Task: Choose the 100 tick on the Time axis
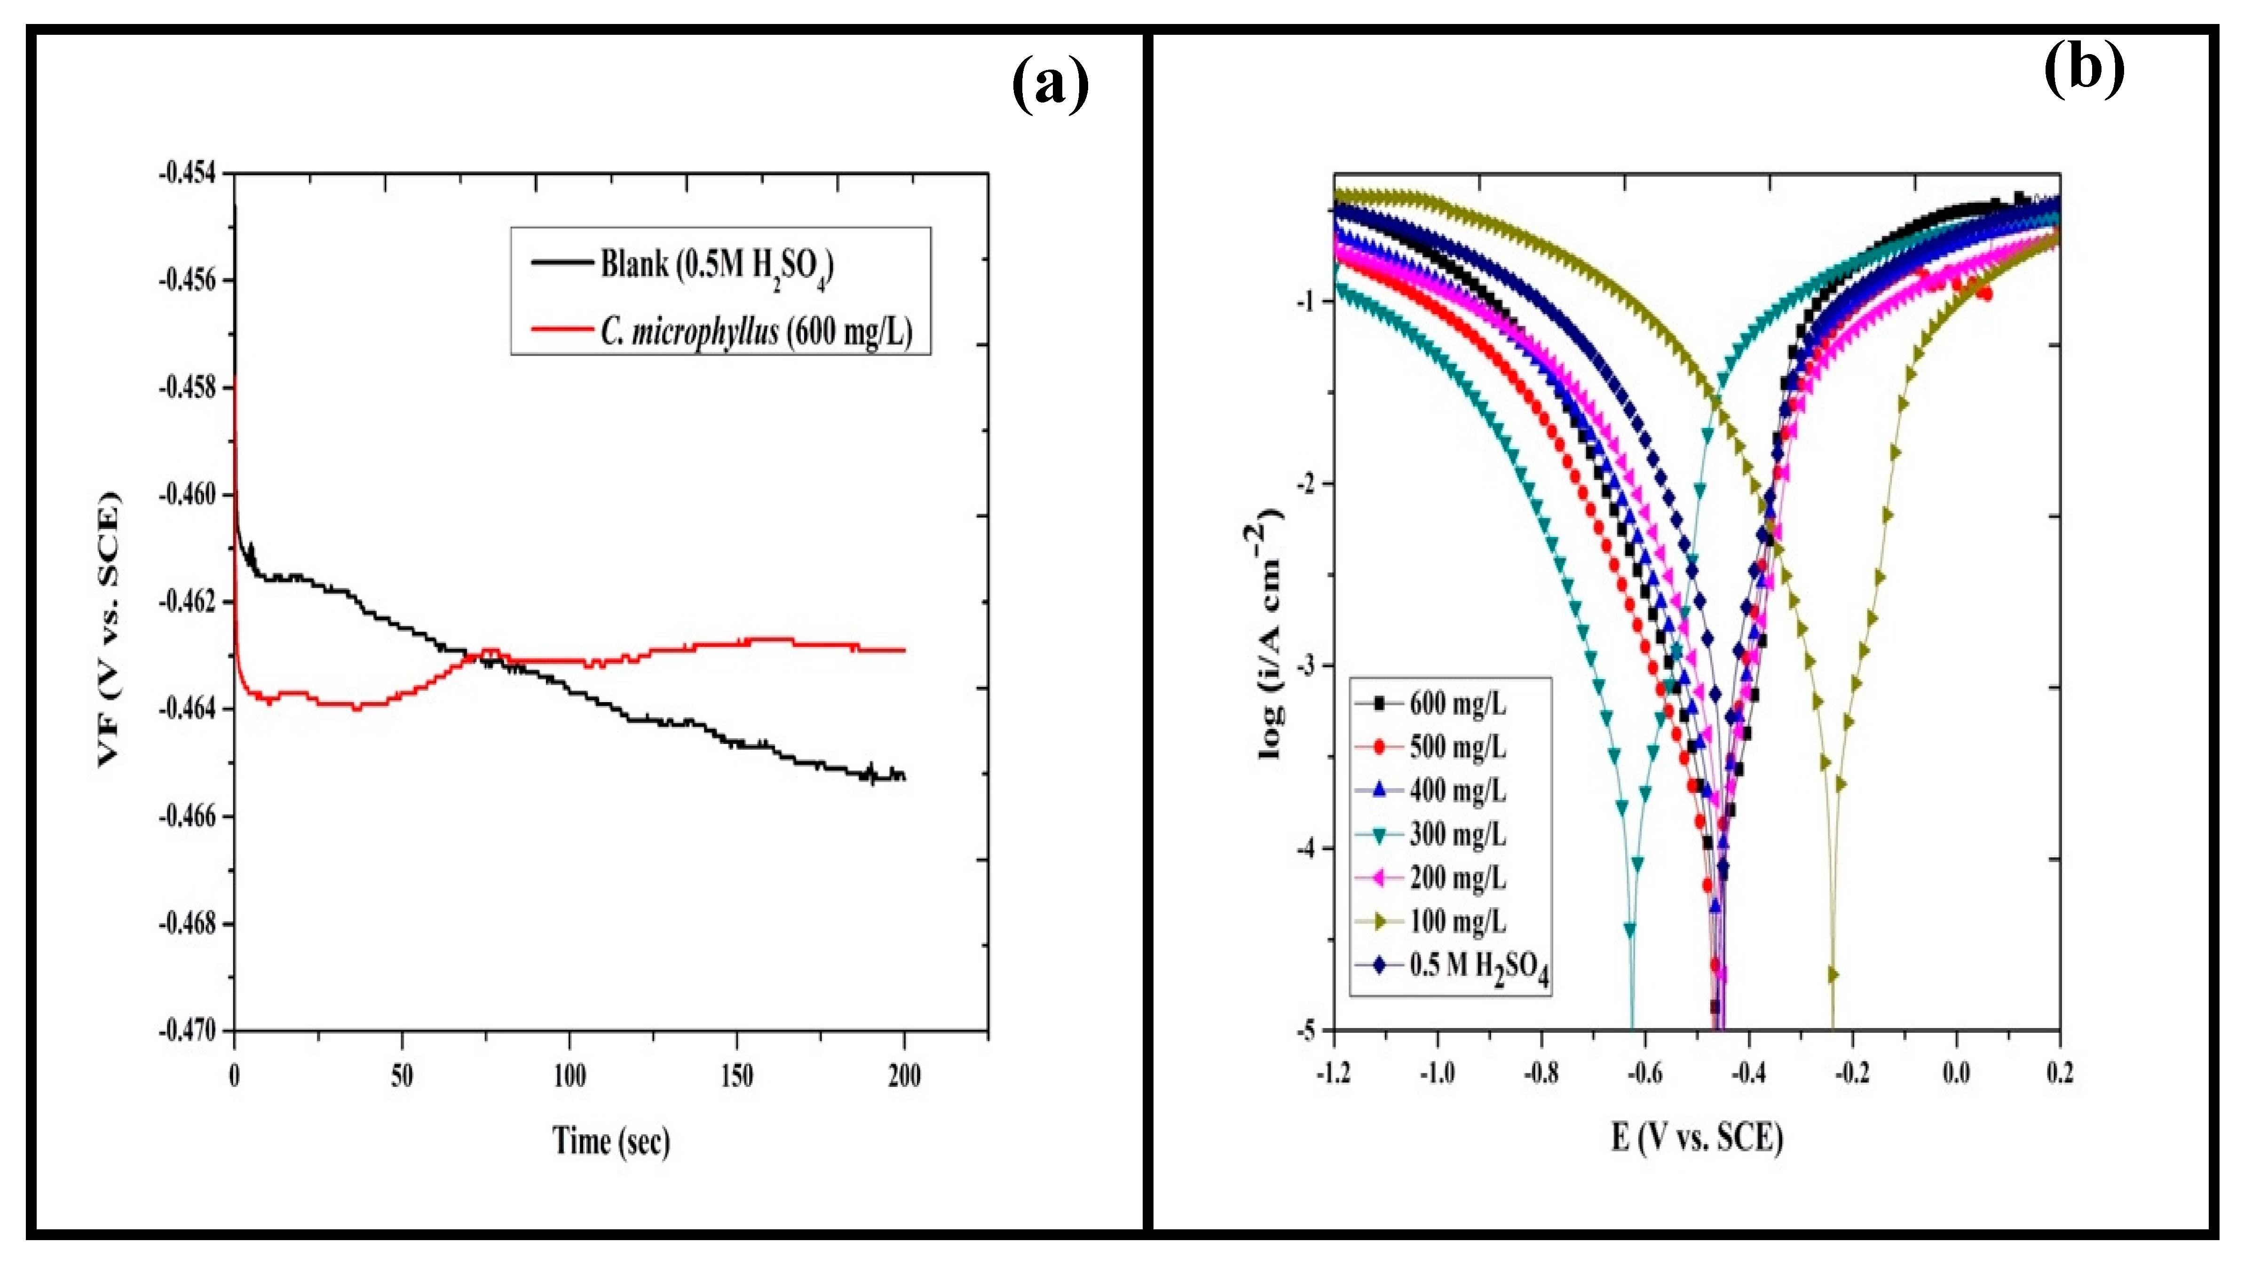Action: pos(569,1076)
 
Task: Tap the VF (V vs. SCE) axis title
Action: pos(109,630)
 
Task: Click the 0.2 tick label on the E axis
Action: pos(2060,1073)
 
